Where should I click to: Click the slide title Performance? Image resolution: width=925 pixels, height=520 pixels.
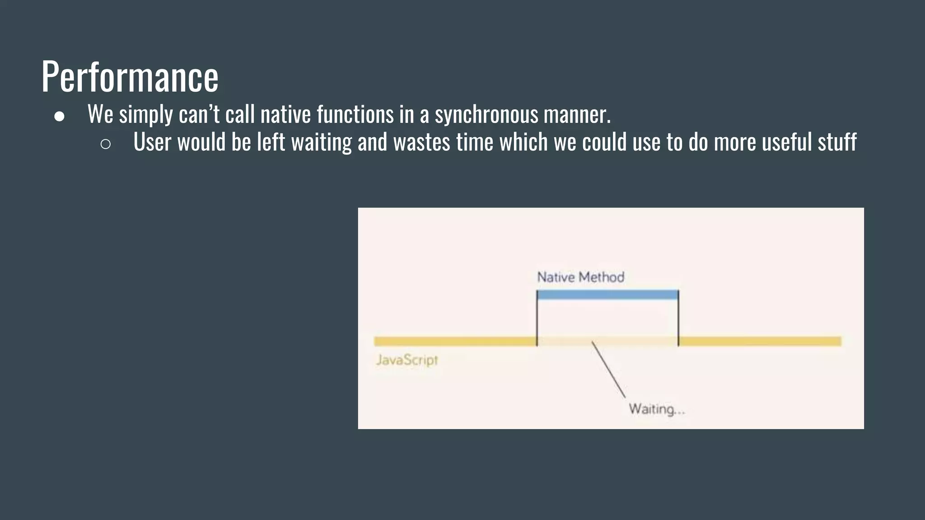(x=130, y=77)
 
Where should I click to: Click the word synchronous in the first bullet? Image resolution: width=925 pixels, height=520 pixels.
(x=486, y=114)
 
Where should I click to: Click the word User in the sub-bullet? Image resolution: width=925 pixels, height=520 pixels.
(x=152, y=142)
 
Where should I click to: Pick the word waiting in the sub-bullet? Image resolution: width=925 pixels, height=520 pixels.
(x=321, y=142)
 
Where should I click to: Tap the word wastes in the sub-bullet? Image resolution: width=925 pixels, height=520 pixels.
(x=421, y=142)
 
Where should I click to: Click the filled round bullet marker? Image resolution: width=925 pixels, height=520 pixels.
(x=59, y=116)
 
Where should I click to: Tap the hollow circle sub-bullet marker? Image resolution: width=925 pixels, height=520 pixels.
(x=106, y=144)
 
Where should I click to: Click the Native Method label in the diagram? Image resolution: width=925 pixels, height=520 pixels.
(x=580, y=277)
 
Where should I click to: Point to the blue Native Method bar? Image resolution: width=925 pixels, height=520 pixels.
(x=607, y=295)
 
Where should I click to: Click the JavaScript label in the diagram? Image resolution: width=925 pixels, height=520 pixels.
(x=407, y=360)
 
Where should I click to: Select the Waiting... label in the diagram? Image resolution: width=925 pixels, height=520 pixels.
(x=657, y=409)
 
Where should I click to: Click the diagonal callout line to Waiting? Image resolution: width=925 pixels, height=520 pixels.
(x=609, y=369)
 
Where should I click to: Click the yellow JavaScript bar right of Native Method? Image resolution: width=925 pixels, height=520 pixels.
(x=760, y=341)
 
